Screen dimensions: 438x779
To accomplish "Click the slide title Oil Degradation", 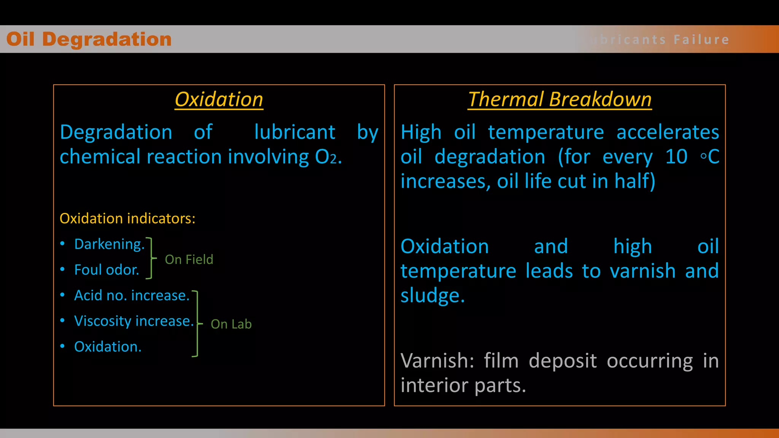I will tap(89, 39).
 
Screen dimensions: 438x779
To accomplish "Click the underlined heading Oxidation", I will tap(219, 100).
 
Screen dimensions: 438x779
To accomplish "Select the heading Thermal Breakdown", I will tap(560, 100).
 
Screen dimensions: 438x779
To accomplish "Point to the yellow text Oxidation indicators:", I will tap(127, 219).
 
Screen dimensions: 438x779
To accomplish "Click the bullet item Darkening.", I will tap(110, 244).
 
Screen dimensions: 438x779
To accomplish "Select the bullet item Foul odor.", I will tap(107, 270).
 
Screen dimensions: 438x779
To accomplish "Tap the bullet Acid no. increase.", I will tap(132, 295).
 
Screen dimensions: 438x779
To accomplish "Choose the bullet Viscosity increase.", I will tap(134, 321).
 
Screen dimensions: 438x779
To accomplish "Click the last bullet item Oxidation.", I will tap(108, 347).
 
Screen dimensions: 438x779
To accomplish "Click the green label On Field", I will tap(189, 259).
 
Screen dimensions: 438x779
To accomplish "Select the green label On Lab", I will tap(231, 324).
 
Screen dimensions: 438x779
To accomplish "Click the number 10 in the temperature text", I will tap(676, 157).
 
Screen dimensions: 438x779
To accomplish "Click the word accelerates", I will tap(668, 132).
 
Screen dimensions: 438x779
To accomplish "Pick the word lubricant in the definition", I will tap(294, 132).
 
